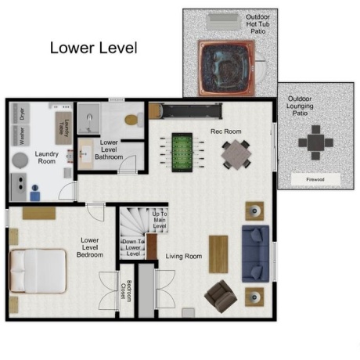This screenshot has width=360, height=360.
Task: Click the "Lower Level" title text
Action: tap(93, 48)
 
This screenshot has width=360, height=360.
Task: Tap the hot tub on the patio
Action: tap(226, 68)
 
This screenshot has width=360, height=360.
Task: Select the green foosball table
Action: tap(182, 153)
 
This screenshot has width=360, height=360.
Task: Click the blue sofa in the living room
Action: tap(255, 254)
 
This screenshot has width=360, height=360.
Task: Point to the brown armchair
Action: tap(221, 297)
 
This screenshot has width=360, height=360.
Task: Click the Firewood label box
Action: tap(315, 179)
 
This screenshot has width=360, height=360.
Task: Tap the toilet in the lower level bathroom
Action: tap(134, 120)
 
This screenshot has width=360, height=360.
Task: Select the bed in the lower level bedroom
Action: tap(38, 271)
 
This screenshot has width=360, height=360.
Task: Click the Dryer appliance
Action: tap(21, 113)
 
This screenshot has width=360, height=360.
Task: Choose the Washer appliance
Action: tap(21, 135)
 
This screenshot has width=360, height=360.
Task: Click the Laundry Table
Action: tap(63, 128)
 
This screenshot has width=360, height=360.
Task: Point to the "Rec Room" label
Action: tap(226, 131)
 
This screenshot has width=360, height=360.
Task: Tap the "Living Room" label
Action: tap(184, 256)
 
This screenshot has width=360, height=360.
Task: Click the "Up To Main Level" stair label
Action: tap(160, 220)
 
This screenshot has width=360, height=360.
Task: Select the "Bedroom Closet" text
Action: tap(126, 291)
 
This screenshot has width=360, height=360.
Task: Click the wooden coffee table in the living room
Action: tap(218, 254)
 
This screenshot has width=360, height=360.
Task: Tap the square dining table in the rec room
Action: tap(236, 155)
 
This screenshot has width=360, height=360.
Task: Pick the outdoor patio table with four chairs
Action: tap(315, 142)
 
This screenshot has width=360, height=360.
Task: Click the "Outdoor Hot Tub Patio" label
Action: tap(257, 24)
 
